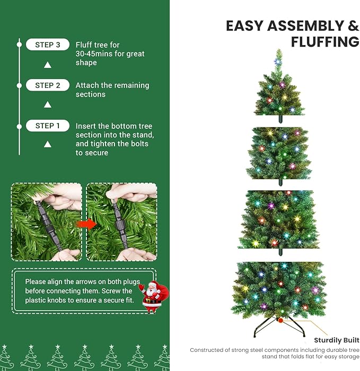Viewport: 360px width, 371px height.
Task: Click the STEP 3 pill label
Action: coord(48,45)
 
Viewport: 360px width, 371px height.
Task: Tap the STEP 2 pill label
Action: coord(48,85)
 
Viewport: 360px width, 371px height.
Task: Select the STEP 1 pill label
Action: coord(48,126)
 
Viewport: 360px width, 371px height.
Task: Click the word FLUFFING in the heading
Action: coord(326,42)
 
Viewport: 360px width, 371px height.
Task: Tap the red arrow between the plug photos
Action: coord(84,223)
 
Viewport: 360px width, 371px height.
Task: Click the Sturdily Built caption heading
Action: coord(337,340)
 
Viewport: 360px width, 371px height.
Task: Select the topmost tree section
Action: coord(279,87)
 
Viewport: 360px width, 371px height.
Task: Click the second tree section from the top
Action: coord(278,154)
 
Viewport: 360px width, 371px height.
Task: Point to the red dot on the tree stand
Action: coord(280,320)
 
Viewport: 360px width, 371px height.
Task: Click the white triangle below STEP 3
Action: coord(48,65)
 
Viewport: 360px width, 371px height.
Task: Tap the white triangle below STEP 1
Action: coord(48,144)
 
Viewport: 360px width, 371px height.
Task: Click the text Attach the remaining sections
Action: coord(112,90)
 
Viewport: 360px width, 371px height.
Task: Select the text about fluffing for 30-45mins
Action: coord(110,54)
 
